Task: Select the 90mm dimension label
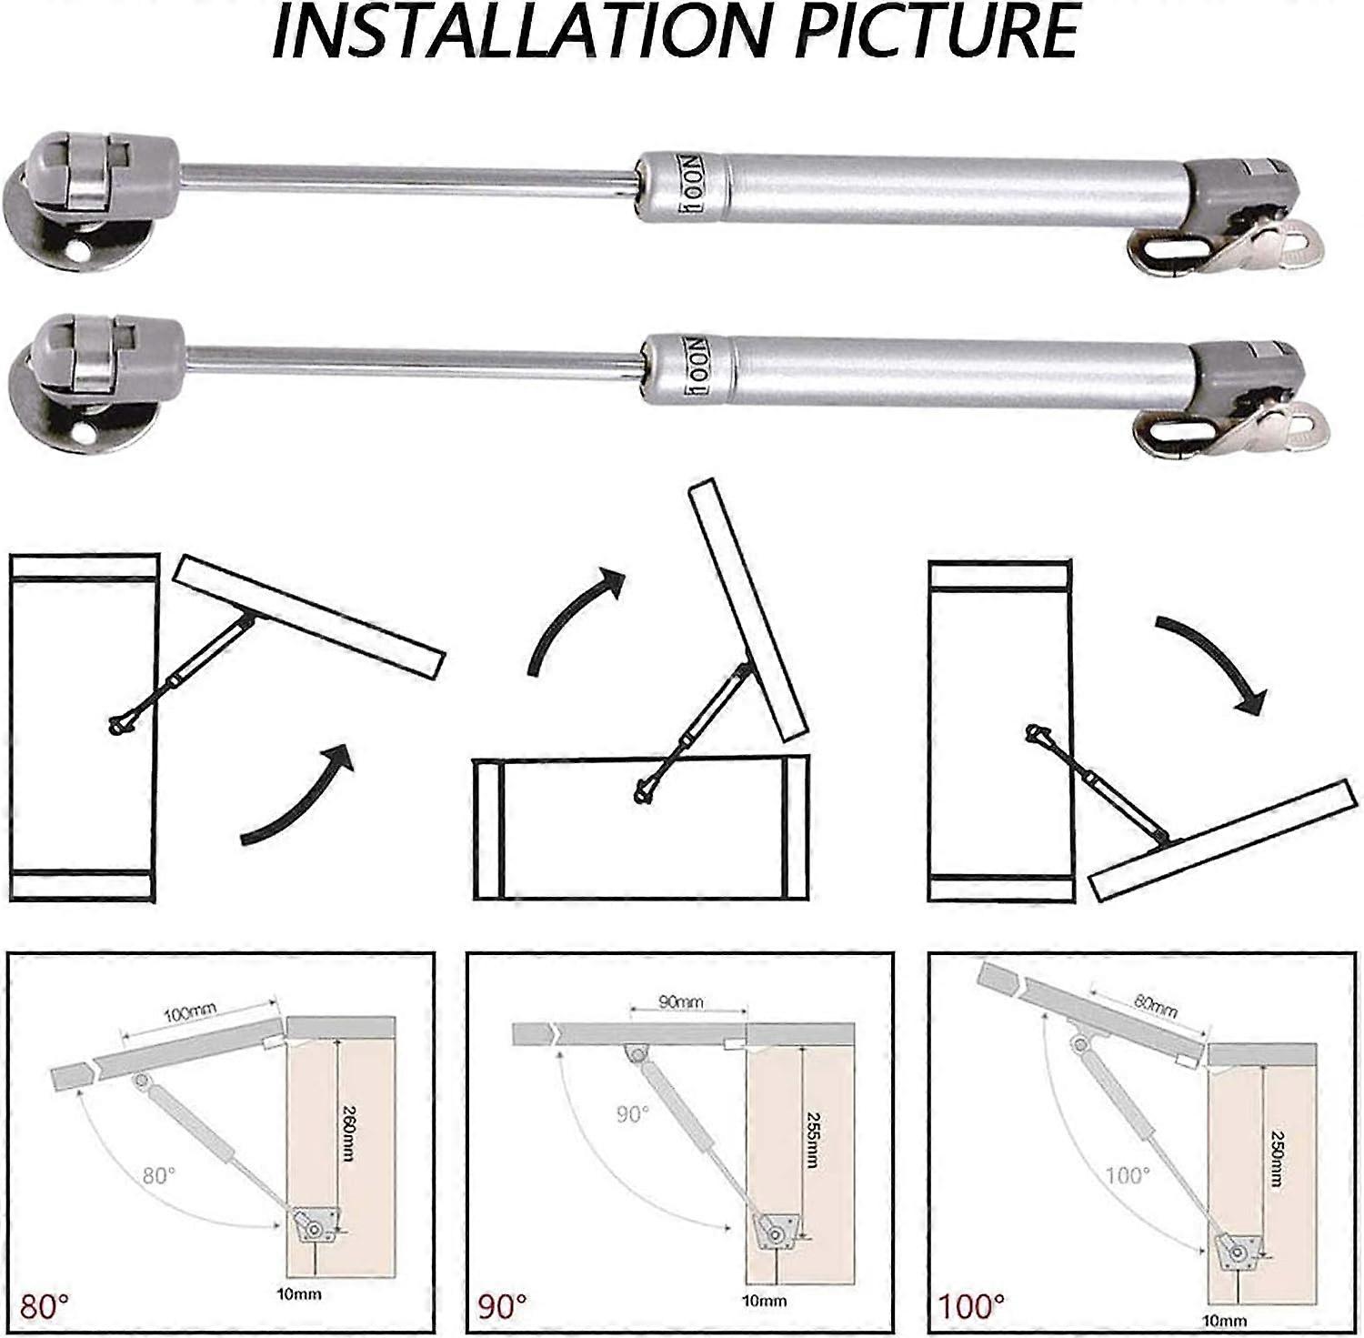pyautogui.click(x=680, y=1001)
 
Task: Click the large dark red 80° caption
pyautogui.click(x=45, y=1307)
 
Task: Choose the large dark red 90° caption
pyautogui.click(x=502, y=1307)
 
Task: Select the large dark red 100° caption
pyautogui.click(x=972, y=1307)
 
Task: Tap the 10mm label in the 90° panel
pyautogui.click(x=764, y=1301)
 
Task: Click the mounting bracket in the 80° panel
pyautogui.click(x=316, y=1227)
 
